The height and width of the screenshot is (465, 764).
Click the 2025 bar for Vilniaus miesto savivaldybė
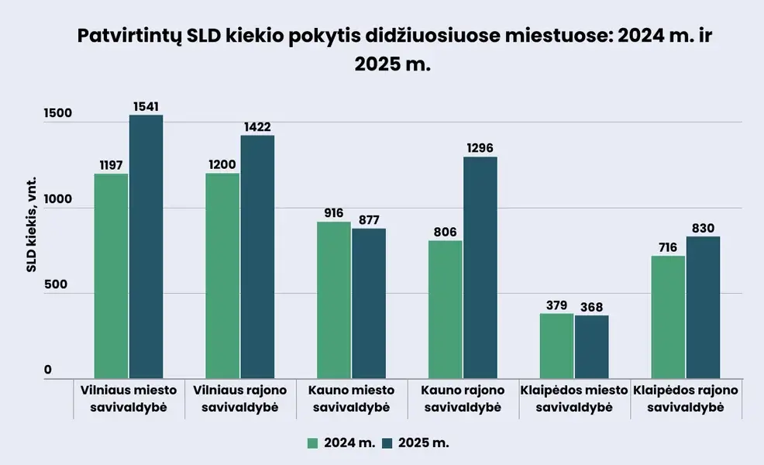pyautogui.click(x=146, y=246)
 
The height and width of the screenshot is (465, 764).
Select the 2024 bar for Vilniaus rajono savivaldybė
pyautogui.click(x=222, y=275)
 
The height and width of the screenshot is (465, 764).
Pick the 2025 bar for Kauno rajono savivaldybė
pyautogui.click(x=480, y=267)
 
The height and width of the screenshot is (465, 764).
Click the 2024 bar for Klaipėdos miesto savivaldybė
pyautogui.click(x=556, y=346)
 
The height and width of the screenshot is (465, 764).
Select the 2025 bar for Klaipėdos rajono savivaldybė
pyautogui.click(x=703, y=307)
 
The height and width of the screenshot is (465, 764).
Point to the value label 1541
pyautogui.click(x=146, y=106)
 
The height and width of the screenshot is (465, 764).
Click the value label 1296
pyautogui.click(x=480, y=148)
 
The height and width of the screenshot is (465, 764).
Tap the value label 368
pyautogui.click(x=590, y=307)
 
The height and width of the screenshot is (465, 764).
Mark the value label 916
pyautogui.click(x=334, y=213)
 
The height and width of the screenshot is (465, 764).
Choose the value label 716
pyautogui.click(x=668, y=247)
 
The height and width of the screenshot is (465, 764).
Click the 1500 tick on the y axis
pyautogui.click(x=57, y=113)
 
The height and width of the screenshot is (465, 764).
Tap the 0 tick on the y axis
pyautogui.click(x=47, y=370)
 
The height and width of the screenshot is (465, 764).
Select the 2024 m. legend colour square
pyautogui.click(x=313, y=443)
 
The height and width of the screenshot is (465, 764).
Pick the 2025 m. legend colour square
pyautogui.click(x=387, y=443)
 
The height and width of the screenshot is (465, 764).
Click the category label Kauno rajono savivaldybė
pyautogui.click(x=465, y=398)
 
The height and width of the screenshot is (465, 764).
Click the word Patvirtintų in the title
pyautogui.click(x=128, y=36)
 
